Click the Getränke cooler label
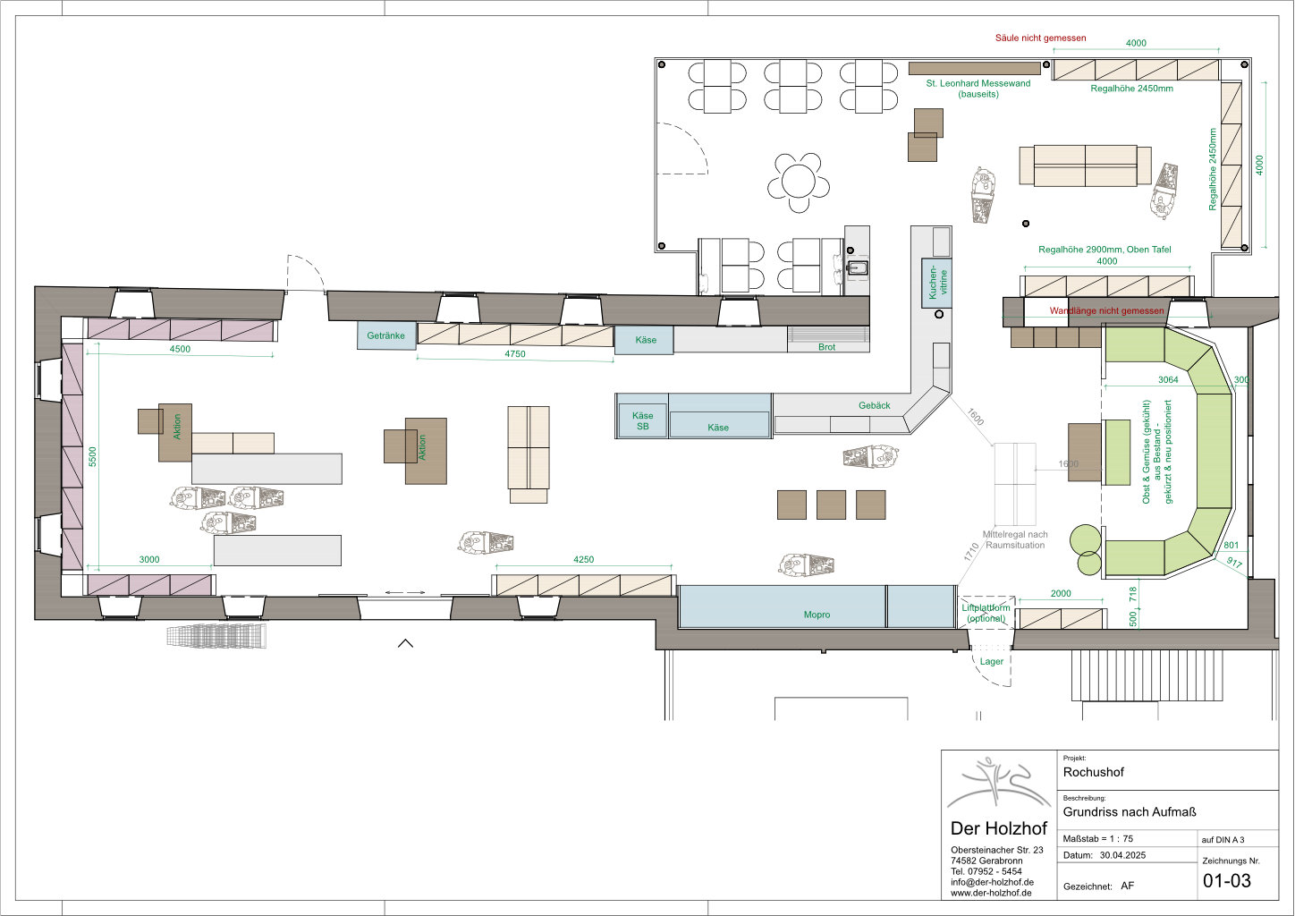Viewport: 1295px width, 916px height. pos(385,335)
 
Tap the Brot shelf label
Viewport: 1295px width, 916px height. pos(826,347)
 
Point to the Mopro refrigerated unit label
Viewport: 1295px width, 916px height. pos(817,615)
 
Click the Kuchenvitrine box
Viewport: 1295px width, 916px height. pos(936,283)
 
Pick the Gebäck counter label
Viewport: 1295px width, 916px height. pos(874,405)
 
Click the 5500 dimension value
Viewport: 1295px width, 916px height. pos(93,457)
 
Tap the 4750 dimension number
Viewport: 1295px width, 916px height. pos(514,354)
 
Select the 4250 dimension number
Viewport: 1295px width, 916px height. pos(583,559)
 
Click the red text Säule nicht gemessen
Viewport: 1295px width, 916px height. pos(1040,38)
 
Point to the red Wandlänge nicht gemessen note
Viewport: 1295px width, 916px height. pos(1106,311)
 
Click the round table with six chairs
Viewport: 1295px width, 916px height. pos(799,182)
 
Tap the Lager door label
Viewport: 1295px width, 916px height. pos(992,662)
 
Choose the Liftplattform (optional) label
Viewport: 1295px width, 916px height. pos(986,613)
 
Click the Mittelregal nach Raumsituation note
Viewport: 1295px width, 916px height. pos(1015,539)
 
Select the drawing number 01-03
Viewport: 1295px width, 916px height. pos(1227,881)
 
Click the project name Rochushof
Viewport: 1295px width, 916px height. pos(1093,772)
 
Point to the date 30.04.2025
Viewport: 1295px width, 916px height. pos(1122,855)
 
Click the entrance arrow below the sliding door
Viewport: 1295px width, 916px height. pos(405,642)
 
